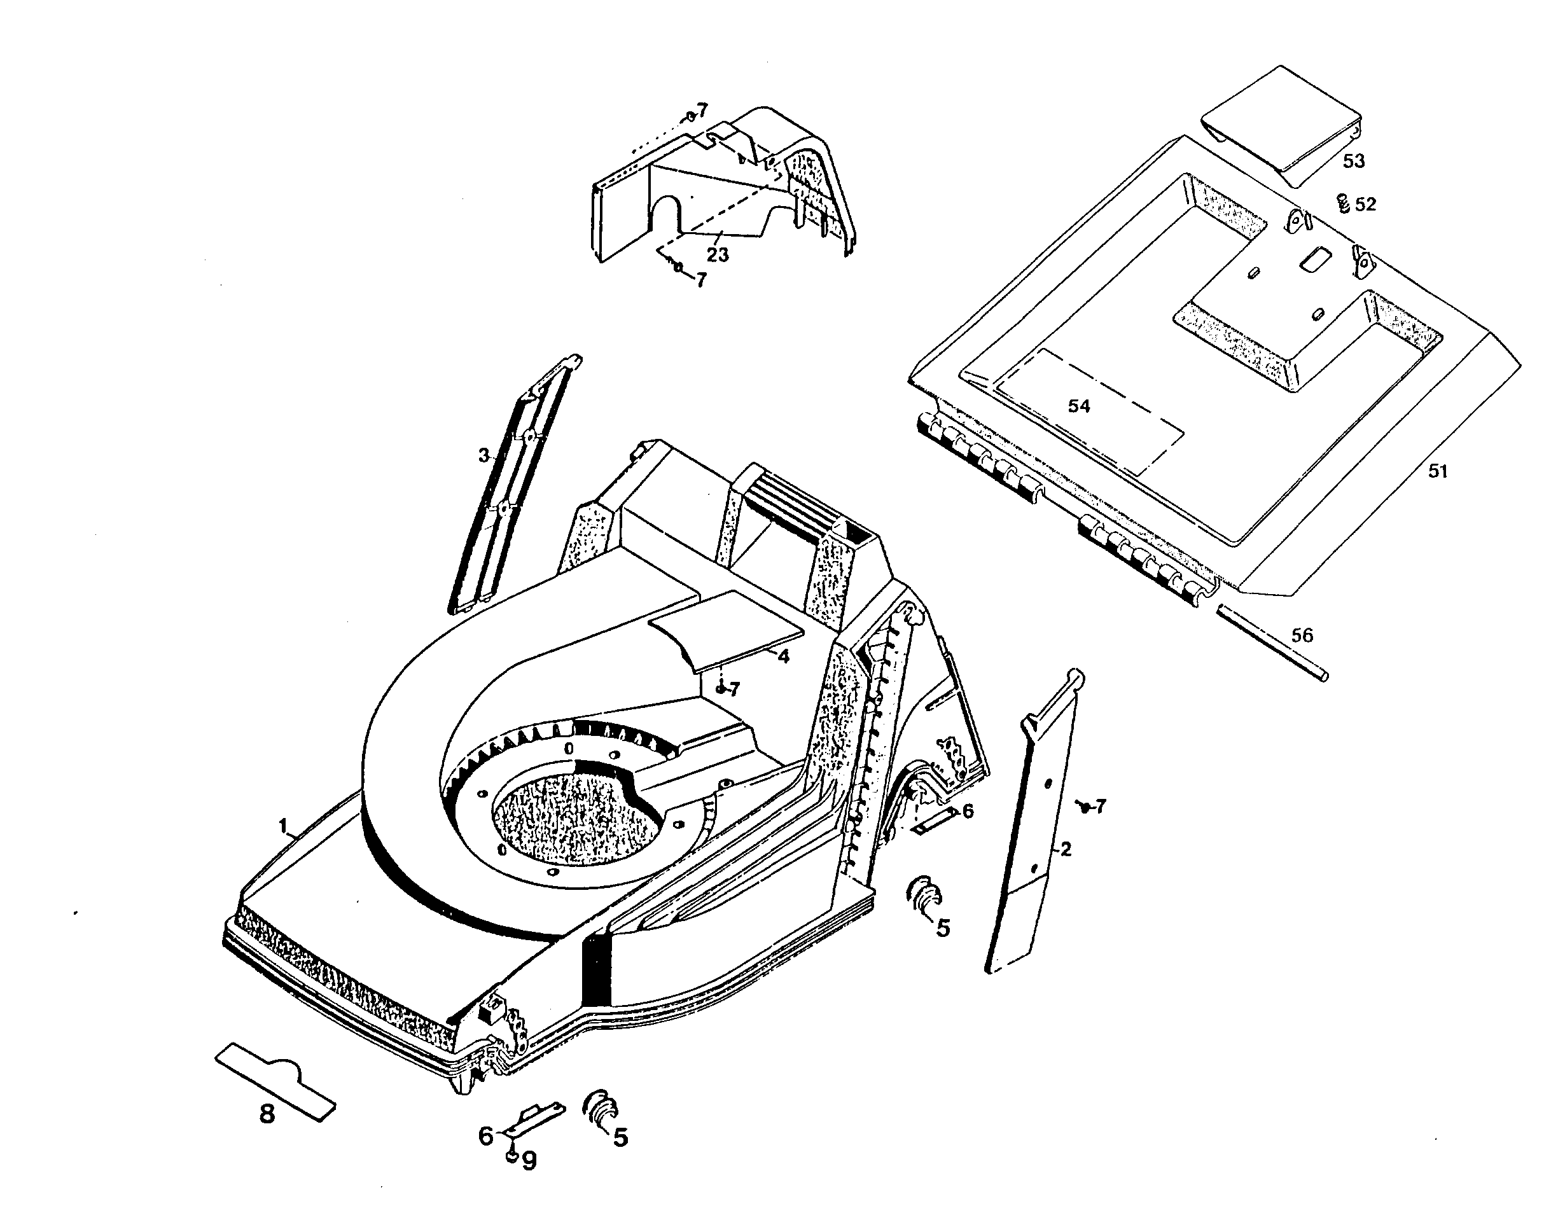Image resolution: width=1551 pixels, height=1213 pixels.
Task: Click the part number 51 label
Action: coord(1436,471)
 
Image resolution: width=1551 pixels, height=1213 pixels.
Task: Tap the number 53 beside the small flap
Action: coord(1354,161)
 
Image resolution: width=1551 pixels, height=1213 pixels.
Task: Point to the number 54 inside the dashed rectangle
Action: coord(1079,406)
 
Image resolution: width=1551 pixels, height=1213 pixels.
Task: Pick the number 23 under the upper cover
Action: coord(717,254)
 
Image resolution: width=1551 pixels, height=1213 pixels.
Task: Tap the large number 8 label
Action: coord(267,1114)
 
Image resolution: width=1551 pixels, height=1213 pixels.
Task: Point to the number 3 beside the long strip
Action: coord(483,455)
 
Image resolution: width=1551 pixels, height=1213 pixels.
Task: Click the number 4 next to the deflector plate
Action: coord(783,657)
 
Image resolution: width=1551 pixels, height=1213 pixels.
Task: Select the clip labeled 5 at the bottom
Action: coord(599,1109)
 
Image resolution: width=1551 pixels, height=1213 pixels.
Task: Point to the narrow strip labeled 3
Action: coord(511,490)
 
